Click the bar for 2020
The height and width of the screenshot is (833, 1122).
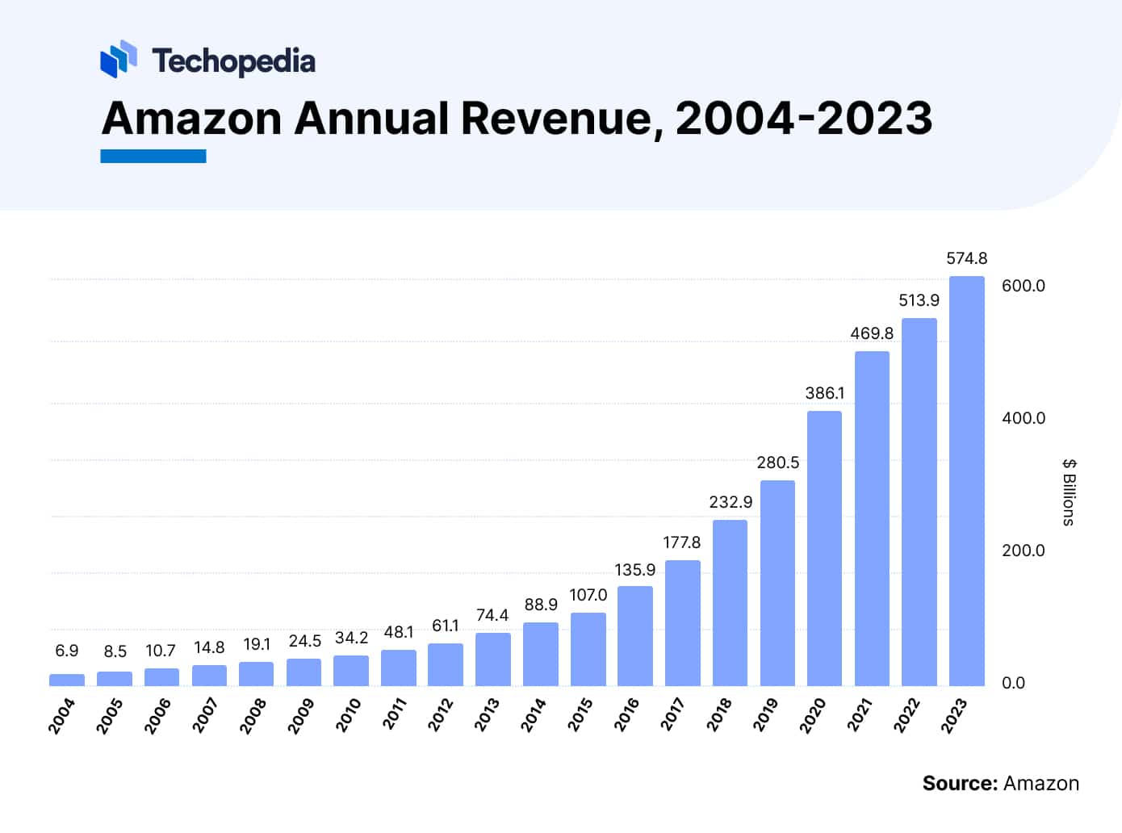pyautogui.click(x=824, y=549)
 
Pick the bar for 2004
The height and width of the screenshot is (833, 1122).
pyautogui.click(x=66, y=680)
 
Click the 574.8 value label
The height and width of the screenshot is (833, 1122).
pyautogui.click(x=966, y=258)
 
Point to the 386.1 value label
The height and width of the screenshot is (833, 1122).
pyautogui.click(x=824, y=393)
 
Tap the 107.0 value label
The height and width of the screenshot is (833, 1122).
pyautogui.click(x=588, y=595)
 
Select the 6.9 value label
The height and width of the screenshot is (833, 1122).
pyautogui.click(x=66, y=651)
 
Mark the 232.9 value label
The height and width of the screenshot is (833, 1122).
pyautogui.click(x=730, y=502)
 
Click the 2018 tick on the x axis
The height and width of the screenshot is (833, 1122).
pyautogui.click(x=721, y=714)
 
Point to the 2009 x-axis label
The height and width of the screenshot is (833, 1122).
pyautogui.click(x=301, y=715)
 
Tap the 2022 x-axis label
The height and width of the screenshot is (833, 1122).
pyautogui.click(x=907, y=715)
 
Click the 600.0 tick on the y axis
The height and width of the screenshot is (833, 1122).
pyautogui.click(x=1023, y=286)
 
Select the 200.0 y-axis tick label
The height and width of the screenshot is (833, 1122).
pyautogui.click(x=1023, y=550)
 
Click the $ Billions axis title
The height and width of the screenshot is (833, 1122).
pyautogui.click(x=1069, y=492)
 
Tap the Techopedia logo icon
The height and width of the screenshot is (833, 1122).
pyautogui.click(x=118, y=60)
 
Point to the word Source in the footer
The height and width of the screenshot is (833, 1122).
pyautogui.click(x=960, y=783)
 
